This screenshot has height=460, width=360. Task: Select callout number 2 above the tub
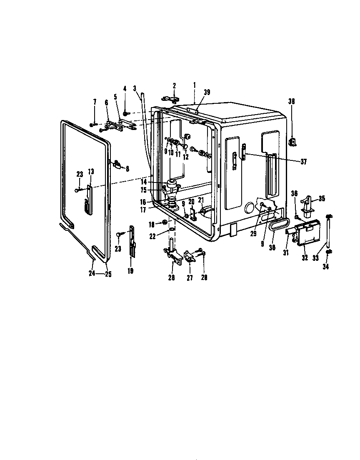(174, 85)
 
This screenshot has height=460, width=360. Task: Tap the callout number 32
(305, 258)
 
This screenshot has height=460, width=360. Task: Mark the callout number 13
(91, 171)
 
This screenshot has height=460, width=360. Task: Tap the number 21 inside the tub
(201, 200)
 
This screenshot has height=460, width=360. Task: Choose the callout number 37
(303, 162)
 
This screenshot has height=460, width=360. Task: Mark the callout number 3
(135, 88)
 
